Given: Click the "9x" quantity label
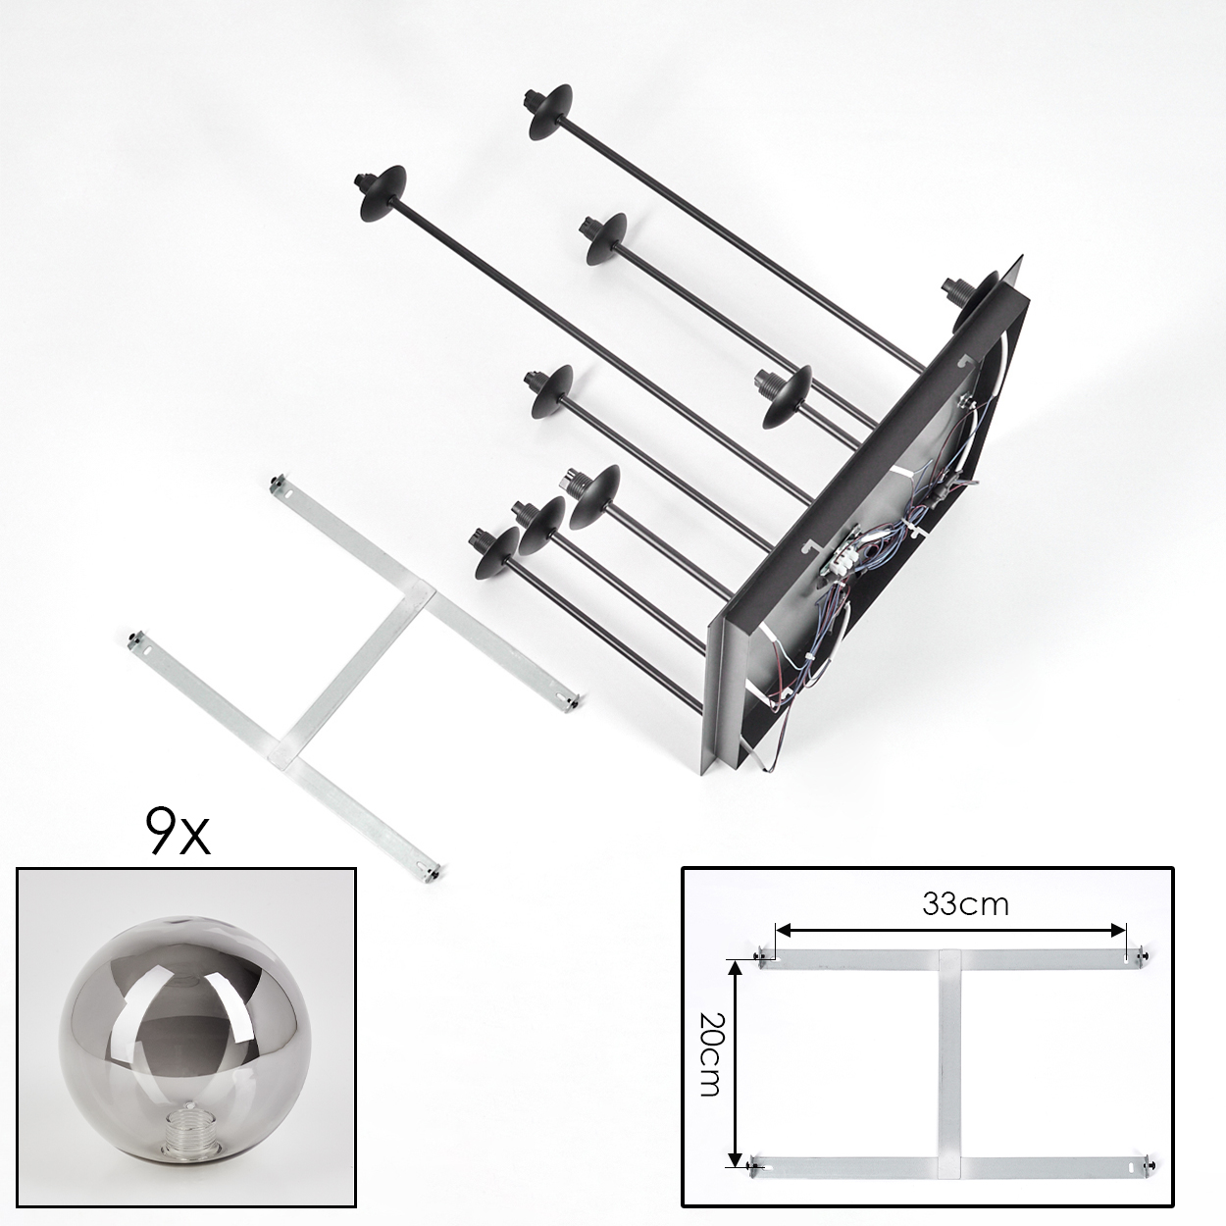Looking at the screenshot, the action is coord(178,832).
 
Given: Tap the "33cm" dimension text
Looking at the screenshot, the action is coord(965,904).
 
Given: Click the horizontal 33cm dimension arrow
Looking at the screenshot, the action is coord(951,931).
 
